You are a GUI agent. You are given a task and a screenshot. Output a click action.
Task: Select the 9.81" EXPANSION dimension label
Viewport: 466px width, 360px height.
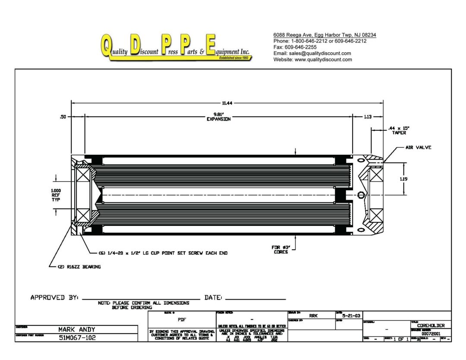pos(218,117)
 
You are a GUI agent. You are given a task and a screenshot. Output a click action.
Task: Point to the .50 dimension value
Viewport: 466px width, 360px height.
pos(63,116)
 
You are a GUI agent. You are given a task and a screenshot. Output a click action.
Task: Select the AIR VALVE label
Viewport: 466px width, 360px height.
pos(418,147)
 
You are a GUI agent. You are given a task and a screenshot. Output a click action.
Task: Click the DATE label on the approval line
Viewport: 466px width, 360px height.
pos(213,298)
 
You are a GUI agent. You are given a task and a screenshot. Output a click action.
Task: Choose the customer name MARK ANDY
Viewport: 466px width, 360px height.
pos(77,329)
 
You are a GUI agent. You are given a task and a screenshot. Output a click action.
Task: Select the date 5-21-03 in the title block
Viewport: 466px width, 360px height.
pos(348,316)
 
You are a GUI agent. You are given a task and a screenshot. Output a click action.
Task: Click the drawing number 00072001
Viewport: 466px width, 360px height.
pos(431,333)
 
